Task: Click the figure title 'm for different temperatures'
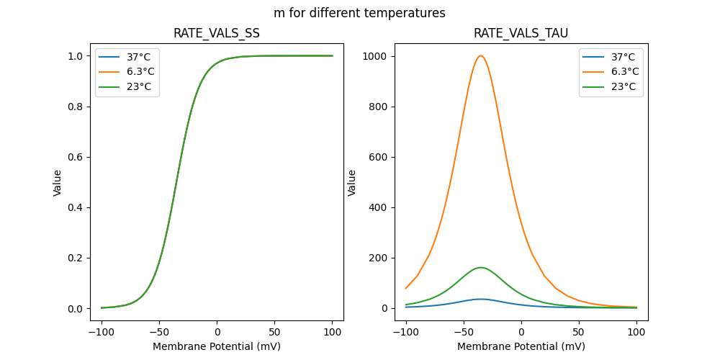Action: pos(359,13)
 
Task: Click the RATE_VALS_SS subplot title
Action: pos(217,33)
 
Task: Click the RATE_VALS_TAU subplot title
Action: pos(521,33)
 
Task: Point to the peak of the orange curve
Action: pos(481,55)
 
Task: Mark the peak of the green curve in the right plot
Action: pos(481,268)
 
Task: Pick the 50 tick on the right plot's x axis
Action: pos(579,331)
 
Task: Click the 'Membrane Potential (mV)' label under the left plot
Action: pos(217,346)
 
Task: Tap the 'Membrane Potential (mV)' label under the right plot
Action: pos(521,346)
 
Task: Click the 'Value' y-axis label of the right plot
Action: pos(352,183)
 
